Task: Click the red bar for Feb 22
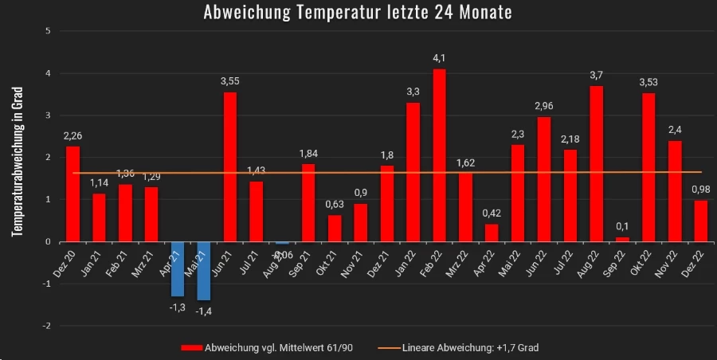[x=439, y=155]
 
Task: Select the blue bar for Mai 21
[x=204, y=271]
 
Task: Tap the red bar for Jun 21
[x=230, y=166]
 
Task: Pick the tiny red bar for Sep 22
[x=622, y=239]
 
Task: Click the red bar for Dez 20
[x=72, y=194]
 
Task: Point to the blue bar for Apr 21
[x=178, y=268]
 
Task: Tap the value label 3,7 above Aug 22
[x=596, y=75]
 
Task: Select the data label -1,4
[x=204, y=313]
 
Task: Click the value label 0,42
[x=492, y=213]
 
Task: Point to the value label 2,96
[x=544, y=106]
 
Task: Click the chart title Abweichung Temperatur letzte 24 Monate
[x=358, y=13]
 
